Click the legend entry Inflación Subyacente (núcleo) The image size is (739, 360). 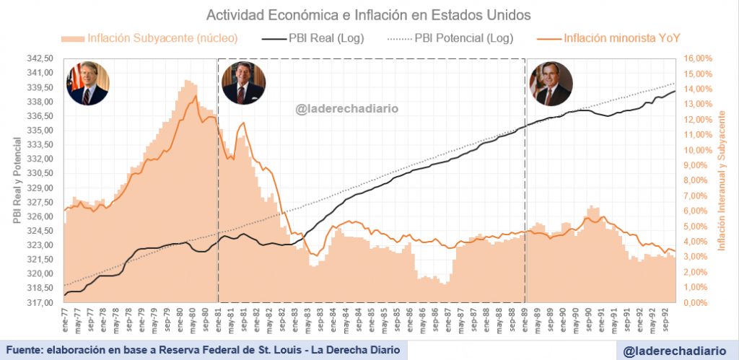[151, 38]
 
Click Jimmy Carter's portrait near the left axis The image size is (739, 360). [87, 83]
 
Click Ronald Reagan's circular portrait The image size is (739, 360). [242, 83]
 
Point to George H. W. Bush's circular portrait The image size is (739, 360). [551, 83]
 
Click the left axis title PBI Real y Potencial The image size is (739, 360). [16, 180]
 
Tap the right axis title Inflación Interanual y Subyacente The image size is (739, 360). [721, 180]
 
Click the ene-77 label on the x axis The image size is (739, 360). [66, 316]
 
